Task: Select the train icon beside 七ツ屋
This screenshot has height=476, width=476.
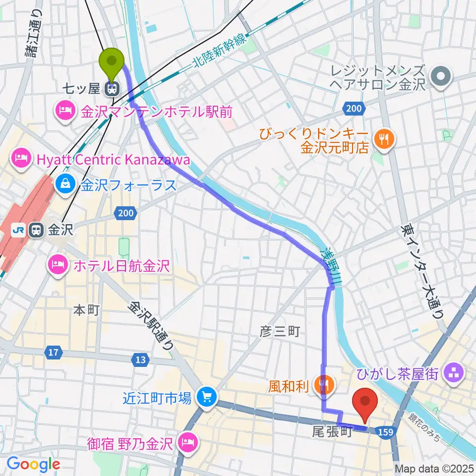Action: point(112,89)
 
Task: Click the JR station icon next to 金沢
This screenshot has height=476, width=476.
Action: point(36,230)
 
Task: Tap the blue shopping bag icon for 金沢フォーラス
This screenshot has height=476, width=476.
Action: point(65,185)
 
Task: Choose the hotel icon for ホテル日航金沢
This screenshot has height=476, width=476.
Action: point(58,265)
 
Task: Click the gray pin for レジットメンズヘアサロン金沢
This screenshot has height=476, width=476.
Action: point(440,77)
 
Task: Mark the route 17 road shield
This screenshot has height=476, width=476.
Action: point(54,353)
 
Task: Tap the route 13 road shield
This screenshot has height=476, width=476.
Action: point(140,358)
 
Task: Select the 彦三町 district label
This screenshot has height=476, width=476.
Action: point(280,331)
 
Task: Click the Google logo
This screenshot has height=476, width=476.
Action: point(33,464)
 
